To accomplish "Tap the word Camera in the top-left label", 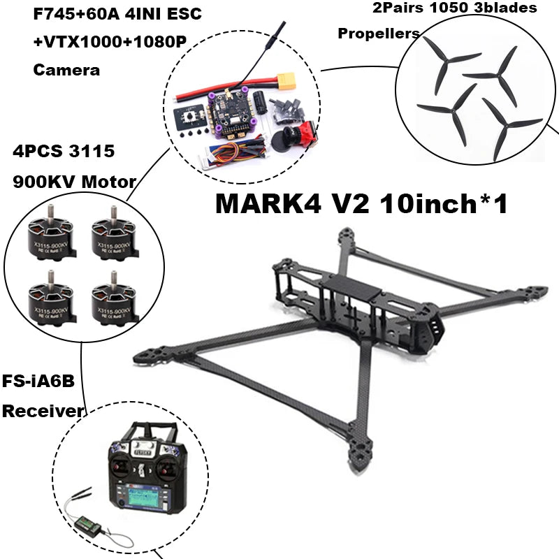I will click(x=66, y=70).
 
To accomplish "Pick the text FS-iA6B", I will click(x=39, y=382).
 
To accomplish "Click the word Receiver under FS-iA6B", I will click(x=43, y=411).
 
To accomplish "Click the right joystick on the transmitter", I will click(x=167, y=465).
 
